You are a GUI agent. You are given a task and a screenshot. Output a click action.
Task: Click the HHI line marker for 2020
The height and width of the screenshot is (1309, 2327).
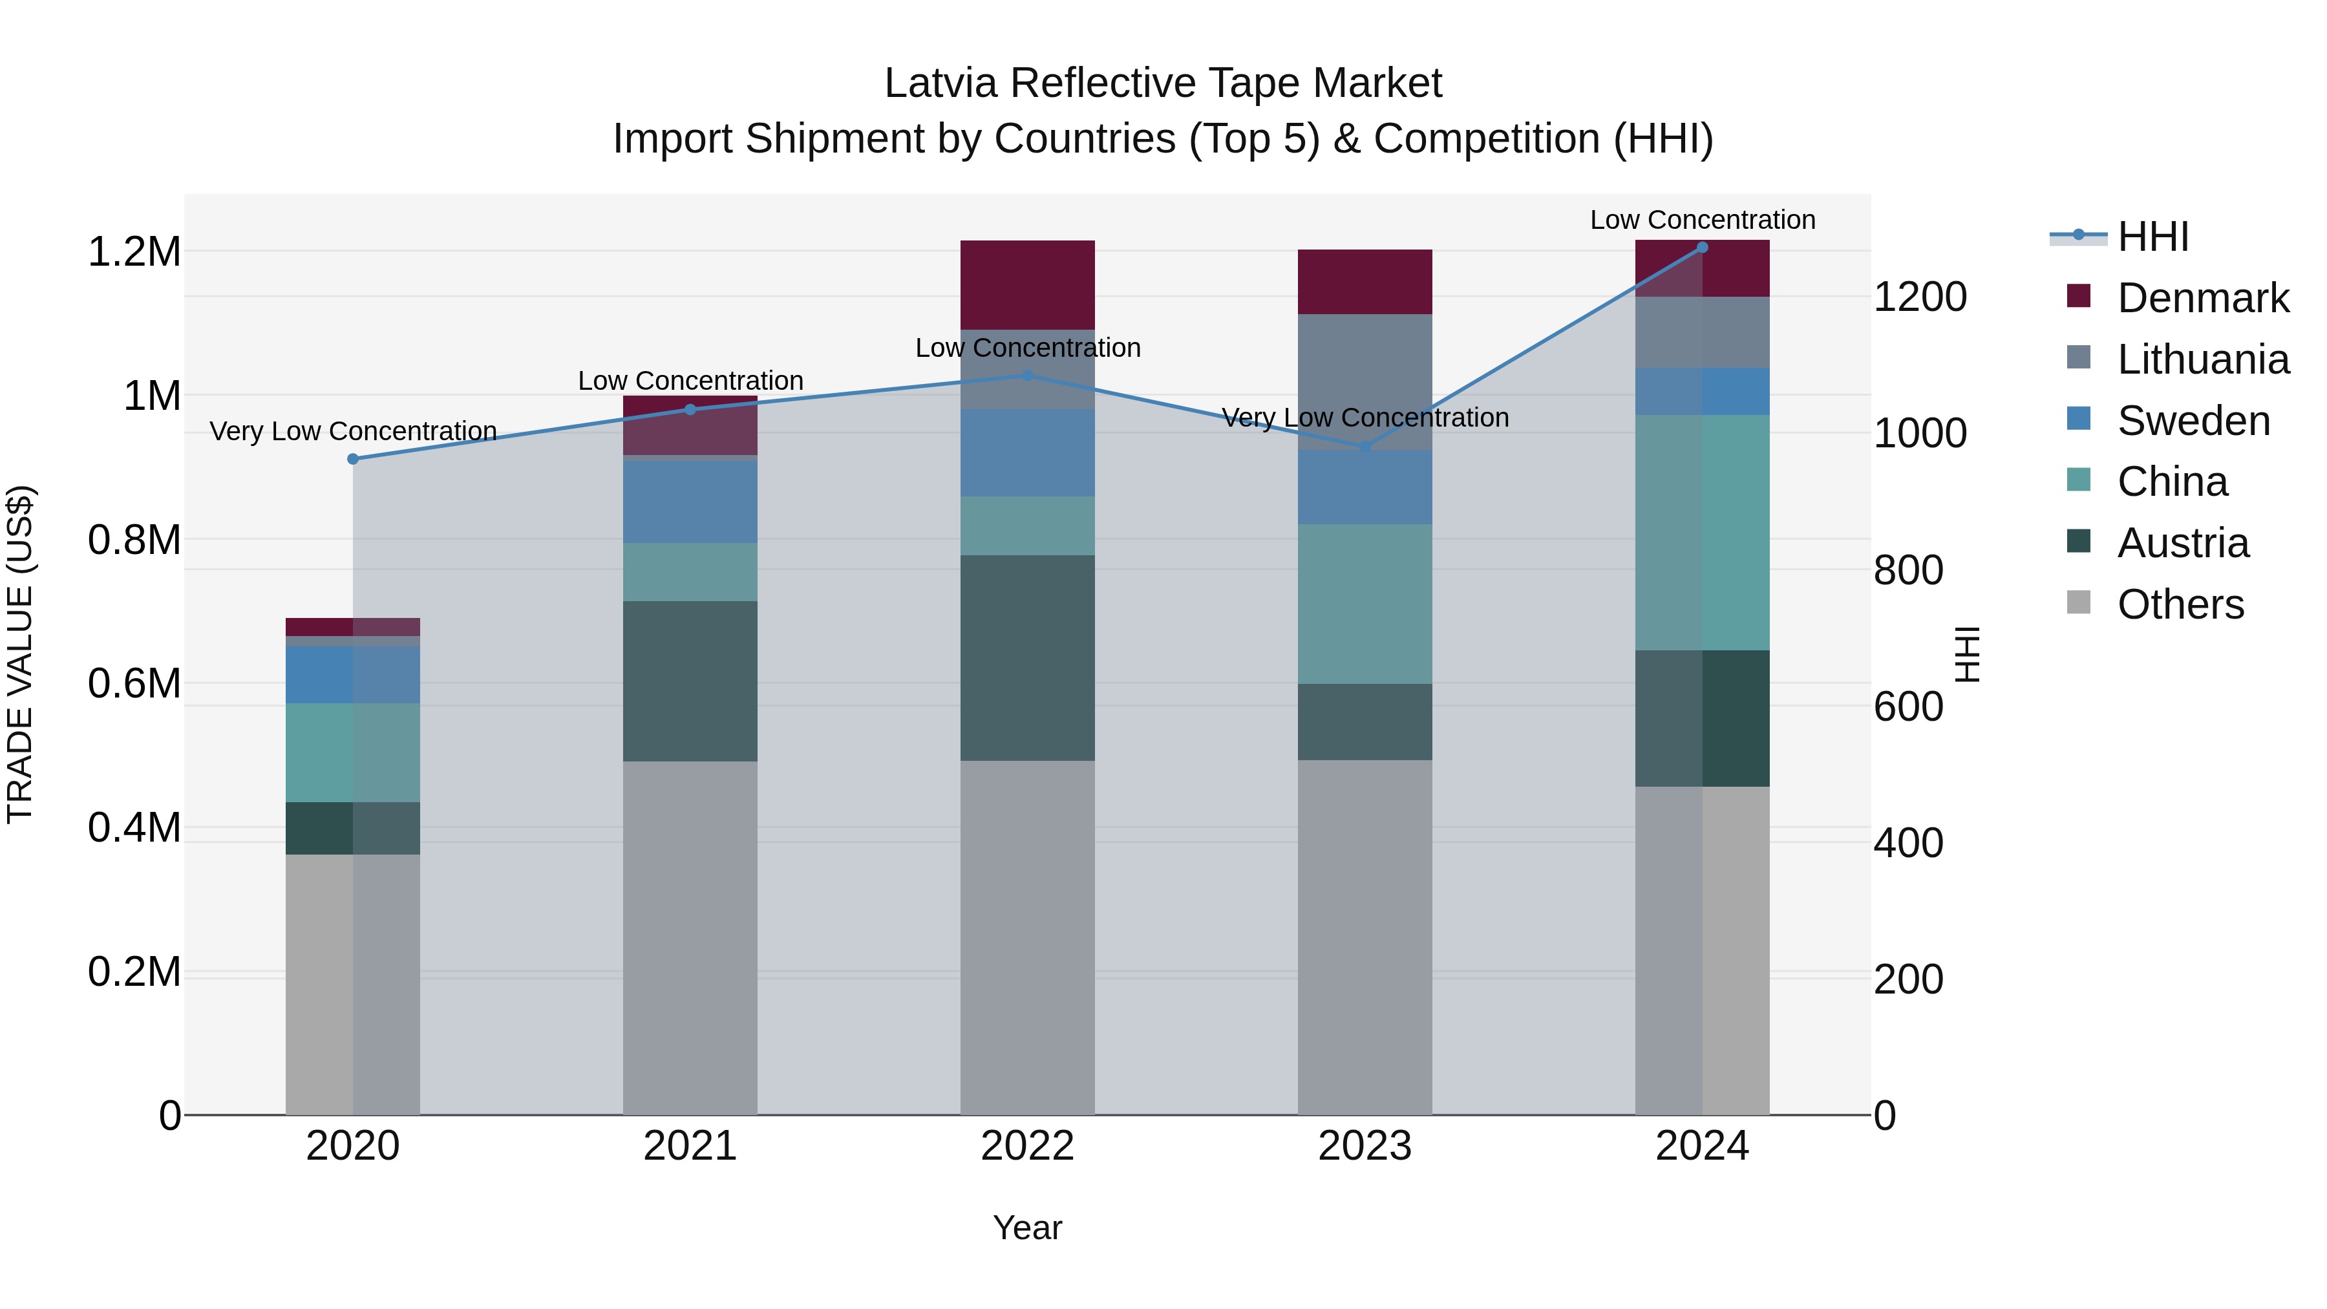coord(353,459)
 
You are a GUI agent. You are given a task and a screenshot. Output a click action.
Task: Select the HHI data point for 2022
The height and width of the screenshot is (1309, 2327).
coord(1027,375)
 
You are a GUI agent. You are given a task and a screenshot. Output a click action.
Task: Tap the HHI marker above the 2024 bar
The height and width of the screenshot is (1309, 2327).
coord(1702,248)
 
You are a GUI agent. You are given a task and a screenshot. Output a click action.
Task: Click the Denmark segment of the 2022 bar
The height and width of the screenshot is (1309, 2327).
coord(1027,284)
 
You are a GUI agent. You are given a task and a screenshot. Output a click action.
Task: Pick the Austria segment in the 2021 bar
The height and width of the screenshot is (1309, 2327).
coord(690,681)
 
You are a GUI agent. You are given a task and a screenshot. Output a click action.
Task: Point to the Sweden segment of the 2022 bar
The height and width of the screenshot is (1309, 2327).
coord(1027,452)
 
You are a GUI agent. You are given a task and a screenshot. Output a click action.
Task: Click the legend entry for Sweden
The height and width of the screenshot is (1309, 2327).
coord(2193,421)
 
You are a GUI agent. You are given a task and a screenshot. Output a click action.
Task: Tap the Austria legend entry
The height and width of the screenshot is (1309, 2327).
coord(2182,543)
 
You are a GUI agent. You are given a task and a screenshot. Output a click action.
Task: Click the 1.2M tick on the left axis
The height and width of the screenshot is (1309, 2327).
coord(134,252)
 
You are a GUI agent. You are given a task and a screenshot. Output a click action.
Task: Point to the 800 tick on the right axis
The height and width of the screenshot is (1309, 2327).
coord(1908,570)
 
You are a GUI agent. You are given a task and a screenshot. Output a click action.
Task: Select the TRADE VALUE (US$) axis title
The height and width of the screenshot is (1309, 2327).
coord(20,654)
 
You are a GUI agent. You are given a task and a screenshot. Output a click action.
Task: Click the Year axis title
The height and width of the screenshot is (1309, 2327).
coord(1027,1228)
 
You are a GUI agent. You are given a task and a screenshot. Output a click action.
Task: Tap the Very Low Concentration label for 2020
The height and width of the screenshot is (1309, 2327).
coord(353,431)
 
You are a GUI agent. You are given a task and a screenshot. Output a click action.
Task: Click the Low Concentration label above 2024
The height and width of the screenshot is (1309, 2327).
coord(1702,220)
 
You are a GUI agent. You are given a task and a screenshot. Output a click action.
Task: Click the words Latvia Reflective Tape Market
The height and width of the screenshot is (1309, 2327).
coord(1163,83)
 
